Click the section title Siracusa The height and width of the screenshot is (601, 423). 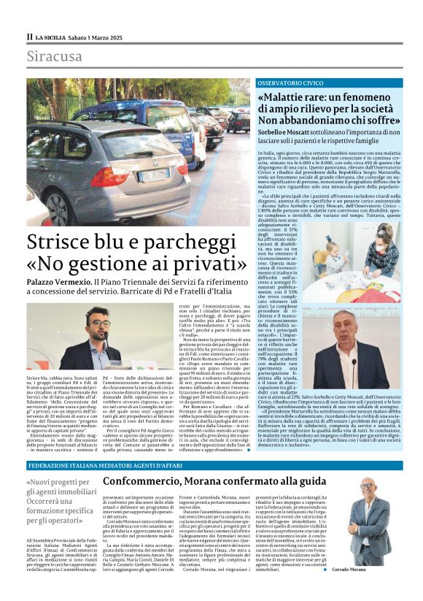tap(55, 56)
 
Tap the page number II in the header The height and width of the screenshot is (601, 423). tap(30, 37)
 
